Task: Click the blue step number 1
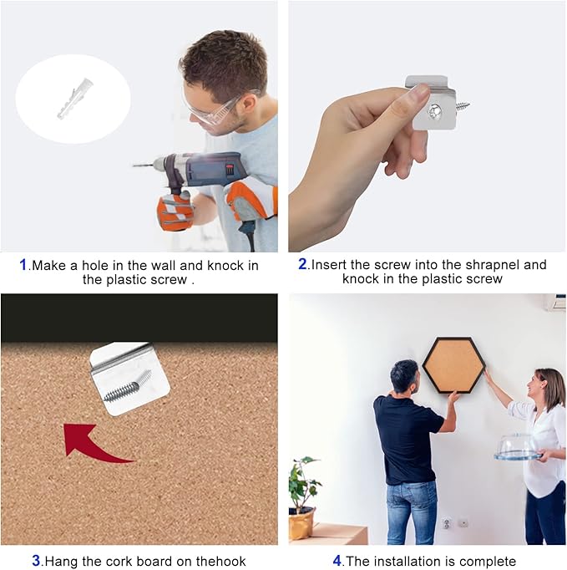23,265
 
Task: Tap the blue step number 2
303,264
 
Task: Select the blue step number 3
36,561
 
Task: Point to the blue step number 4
337,561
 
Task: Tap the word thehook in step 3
220,561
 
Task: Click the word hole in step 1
95,265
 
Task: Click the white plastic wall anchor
75,98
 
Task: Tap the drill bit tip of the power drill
134,165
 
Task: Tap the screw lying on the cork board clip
128,385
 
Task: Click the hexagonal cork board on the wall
454,365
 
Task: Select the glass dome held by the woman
517,447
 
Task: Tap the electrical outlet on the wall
447,523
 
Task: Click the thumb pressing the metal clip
417,94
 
